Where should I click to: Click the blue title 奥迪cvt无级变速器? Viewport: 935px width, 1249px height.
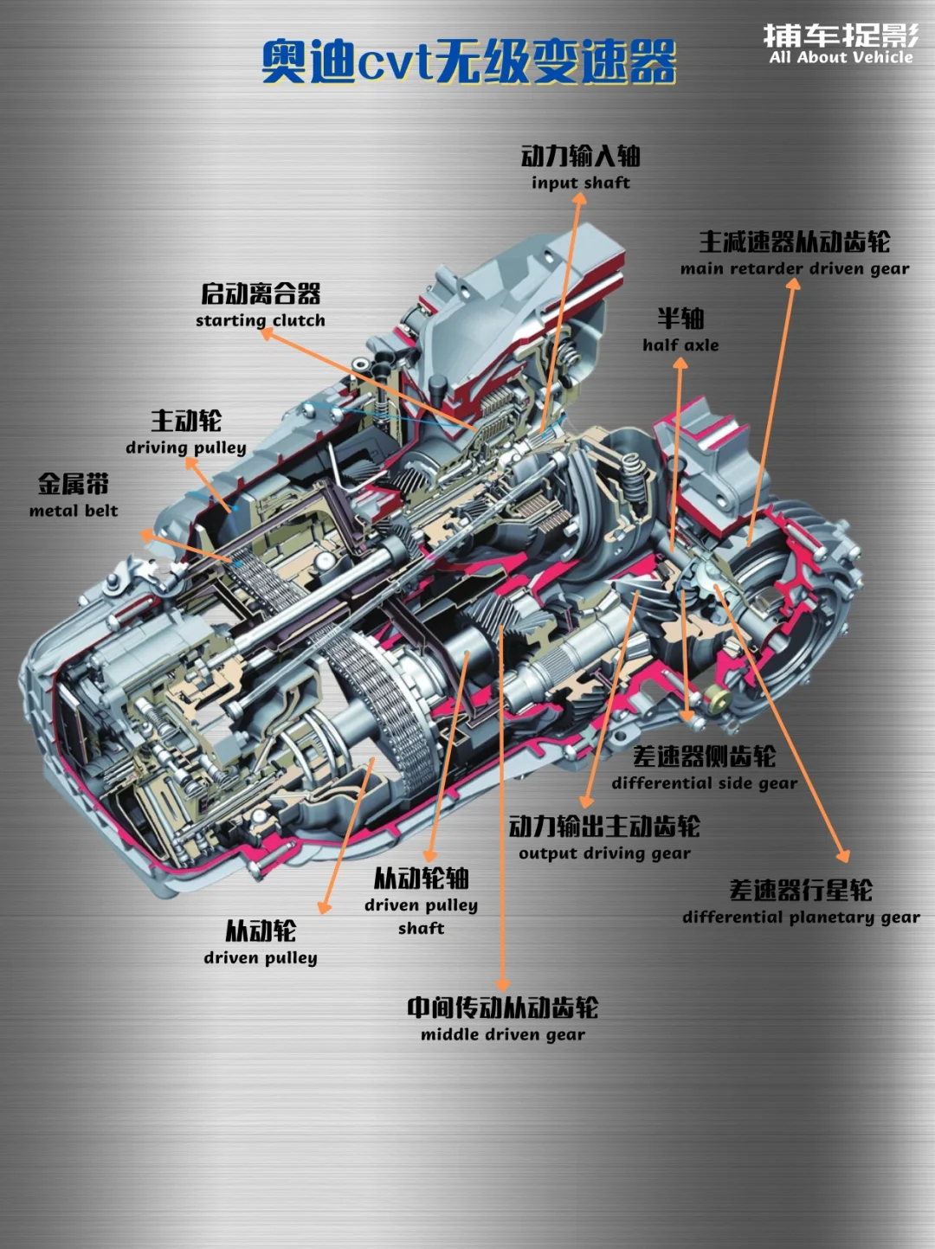tap(468, 61)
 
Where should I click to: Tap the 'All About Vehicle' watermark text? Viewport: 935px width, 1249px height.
tap(841, 57)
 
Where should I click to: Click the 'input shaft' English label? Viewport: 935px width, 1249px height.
tap(580, 183)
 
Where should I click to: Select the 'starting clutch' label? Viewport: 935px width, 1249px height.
tap(260, 320)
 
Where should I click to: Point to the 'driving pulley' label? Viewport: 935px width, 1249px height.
tap(185, 447)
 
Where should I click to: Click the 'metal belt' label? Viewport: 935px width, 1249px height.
tap(74, 511)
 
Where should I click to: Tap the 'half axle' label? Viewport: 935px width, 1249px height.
tap(680, 344)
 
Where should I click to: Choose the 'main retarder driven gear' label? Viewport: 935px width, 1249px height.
tap(795, 268)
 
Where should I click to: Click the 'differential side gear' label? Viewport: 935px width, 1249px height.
tap(705, 783)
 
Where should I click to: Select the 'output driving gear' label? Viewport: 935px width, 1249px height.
tap(604, 853)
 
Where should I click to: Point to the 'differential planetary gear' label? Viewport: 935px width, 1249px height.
tap(801, 917)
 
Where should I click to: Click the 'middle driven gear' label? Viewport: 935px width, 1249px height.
tap(502, 1034)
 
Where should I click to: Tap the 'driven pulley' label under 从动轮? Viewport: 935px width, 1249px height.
tap(260, 957)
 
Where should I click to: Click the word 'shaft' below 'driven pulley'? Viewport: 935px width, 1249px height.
tap(421, 928)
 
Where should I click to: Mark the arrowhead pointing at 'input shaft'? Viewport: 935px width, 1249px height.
tap(579, 197)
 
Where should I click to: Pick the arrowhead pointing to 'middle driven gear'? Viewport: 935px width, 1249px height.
tap(502, 984)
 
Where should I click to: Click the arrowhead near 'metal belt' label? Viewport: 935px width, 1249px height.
tap(147, 535)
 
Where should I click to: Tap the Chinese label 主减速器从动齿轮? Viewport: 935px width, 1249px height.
tap(795, 241)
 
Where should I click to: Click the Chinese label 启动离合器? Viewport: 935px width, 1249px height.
tap(261, 293)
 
